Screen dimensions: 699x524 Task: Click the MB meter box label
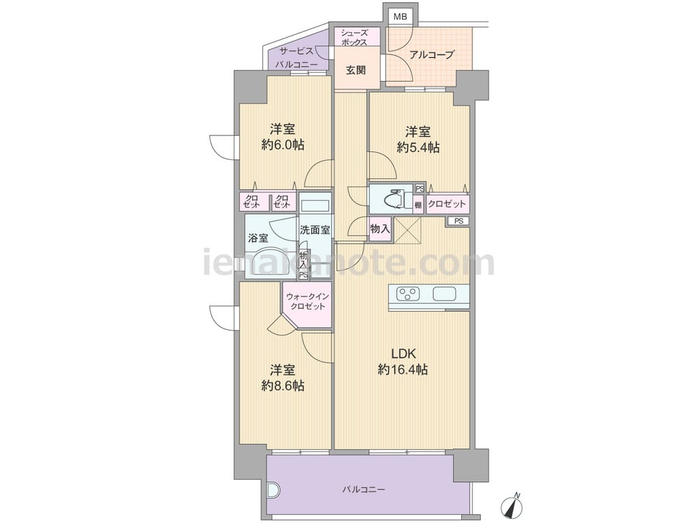pos(400,17)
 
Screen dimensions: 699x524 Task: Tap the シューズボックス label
pos(354,38)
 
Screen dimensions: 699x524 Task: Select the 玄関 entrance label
pos(356,70)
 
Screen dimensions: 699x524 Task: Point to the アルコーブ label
pos(431,54)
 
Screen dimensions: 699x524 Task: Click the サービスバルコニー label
pos(296,57)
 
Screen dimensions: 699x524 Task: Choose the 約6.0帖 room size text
pos(282,145)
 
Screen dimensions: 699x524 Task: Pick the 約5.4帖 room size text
pos(418,147)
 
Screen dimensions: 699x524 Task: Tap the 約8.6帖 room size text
pos(282,386)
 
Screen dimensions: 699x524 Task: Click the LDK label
pos(403,354)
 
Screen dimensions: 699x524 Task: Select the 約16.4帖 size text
pos(403,370)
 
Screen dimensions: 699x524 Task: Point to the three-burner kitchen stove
pos(409,294)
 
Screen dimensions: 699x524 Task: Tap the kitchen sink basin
pos(444,294)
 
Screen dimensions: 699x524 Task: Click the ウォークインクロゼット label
pos(307,302)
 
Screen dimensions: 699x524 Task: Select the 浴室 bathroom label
pos(258,238)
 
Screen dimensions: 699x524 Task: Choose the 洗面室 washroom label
pos(315,230)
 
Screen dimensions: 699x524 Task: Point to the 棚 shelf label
pos(418,205)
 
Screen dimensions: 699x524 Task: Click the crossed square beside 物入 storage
pos(408,231)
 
